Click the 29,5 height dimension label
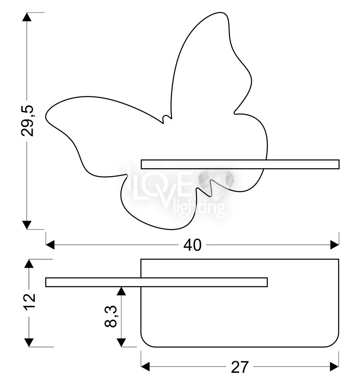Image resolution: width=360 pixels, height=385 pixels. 27,121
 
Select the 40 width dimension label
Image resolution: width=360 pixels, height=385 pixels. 193,245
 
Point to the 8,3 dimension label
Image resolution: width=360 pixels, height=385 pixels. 111,316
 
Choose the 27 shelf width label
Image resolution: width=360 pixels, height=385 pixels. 240,367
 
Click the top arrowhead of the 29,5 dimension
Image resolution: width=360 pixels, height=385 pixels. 27,17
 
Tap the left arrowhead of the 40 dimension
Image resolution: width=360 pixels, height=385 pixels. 50,245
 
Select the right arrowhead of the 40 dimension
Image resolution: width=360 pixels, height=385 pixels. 335,245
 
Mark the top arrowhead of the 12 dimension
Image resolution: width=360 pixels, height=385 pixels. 29,264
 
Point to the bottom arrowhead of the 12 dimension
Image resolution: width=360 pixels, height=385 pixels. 29,342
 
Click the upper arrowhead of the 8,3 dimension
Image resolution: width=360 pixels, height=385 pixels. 121,291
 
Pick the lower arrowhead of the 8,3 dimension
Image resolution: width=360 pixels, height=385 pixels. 121,342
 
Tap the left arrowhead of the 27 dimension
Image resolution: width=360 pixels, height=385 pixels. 145,367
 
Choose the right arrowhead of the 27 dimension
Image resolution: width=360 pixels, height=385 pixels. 334,367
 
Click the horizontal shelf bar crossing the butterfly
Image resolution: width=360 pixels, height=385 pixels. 240,164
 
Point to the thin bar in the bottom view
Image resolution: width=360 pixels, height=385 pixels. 157,282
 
